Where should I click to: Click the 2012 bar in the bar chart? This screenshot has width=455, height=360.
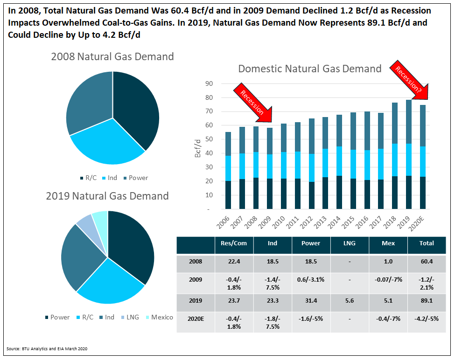click(311, 164)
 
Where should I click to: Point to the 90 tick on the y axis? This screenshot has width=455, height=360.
click(209, 84)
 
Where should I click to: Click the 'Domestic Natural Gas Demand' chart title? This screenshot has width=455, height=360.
click(309, 69)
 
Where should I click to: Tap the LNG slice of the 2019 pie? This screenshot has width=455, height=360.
click(84, 223)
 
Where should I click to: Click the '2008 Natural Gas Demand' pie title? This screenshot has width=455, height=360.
click(112, 57)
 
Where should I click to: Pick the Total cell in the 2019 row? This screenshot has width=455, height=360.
click(426, 302)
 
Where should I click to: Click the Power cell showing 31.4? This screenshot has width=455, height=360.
click(311, 302)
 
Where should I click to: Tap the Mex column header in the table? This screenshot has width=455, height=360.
click(388, 243)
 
